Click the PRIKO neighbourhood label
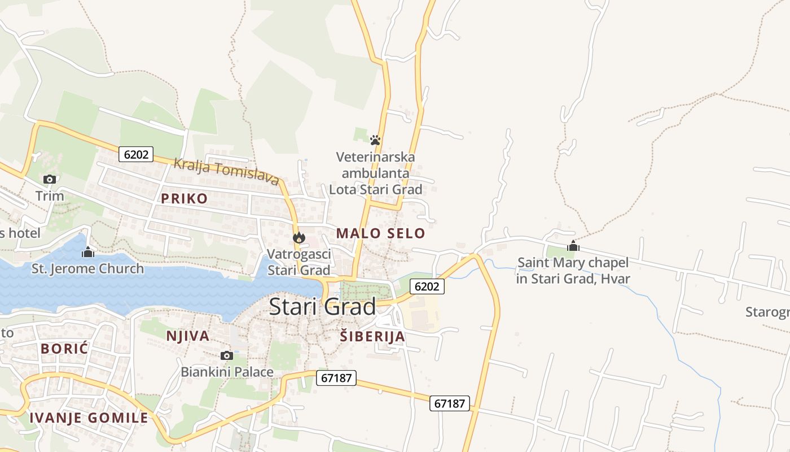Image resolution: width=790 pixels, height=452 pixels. click(184, 198)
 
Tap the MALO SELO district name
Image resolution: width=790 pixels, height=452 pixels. click(380, 233)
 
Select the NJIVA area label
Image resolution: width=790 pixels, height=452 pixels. click(187, 336)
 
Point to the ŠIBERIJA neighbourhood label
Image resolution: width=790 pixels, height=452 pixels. click(372, 337)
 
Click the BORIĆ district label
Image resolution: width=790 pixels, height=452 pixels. click(64, 349)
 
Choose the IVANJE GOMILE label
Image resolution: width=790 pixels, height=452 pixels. click(89, 418)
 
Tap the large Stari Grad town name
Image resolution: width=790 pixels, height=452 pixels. click(322, 307)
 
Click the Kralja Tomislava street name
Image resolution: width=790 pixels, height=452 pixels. click(226, 171)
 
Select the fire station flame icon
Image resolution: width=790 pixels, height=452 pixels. click(299, 238)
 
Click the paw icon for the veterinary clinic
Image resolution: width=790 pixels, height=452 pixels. click(375, 140)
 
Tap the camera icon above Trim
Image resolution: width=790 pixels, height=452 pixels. click(50, 179)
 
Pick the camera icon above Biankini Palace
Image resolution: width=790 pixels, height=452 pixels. click(227, 355)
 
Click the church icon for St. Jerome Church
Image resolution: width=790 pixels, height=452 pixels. click(87, 252)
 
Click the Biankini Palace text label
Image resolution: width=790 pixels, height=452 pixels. click(227, 372)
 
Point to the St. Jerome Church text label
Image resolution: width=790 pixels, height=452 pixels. click(88, 268)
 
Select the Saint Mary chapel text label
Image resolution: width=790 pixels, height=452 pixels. click(573, 271)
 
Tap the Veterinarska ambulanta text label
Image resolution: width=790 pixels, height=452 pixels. click(375, 173)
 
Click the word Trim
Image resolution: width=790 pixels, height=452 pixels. click(50, 196)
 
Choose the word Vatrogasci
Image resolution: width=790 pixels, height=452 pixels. click(299, 254)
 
